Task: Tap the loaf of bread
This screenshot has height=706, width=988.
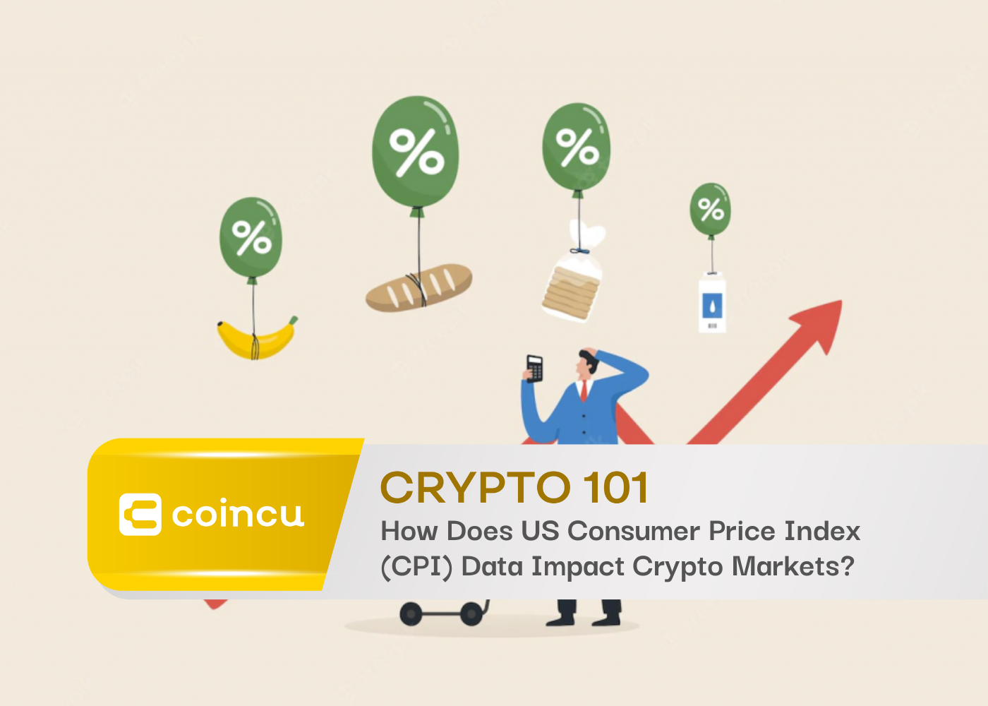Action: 419,288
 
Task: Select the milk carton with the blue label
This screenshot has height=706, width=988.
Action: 712,303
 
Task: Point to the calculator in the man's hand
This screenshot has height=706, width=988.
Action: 535,369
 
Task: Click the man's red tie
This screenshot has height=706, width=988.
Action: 584,390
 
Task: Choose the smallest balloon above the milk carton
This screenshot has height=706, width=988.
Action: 710,210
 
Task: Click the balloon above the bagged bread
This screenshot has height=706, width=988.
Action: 576,148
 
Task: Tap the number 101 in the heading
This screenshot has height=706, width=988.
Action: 615,487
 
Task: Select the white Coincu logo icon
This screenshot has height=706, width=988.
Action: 140,515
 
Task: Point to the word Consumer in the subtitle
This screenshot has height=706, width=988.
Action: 634,531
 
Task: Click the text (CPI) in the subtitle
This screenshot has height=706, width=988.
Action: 417,566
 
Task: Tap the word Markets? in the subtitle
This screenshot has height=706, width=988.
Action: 793,566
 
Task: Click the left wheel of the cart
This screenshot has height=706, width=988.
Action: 411,613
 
